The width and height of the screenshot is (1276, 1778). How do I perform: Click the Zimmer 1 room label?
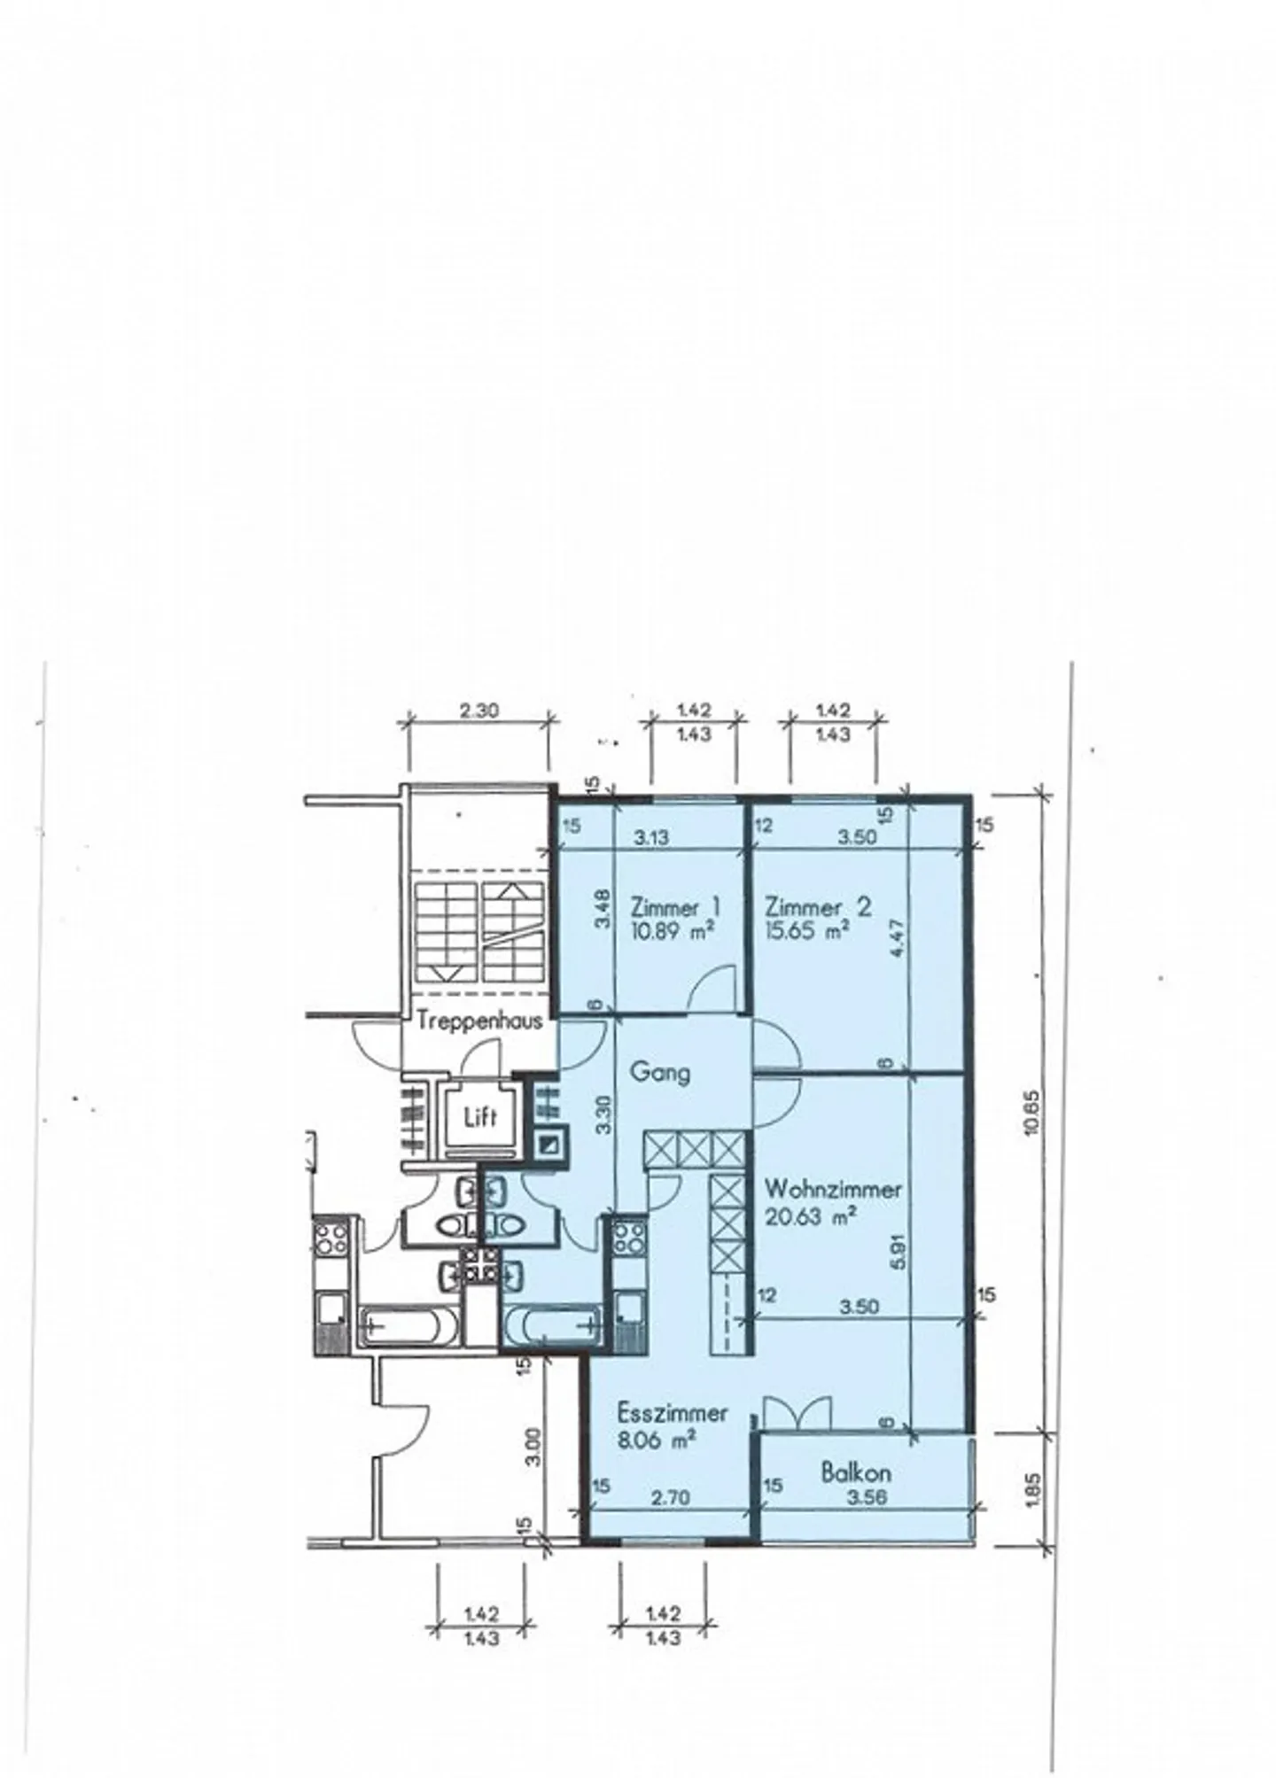pyautogui.click(x=675, y=907)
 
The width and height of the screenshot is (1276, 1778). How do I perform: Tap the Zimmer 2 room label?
pyautogui.click(x=818, y=907)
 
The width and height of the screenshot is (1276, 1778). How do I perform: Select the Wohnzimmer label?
pyautogui.click(x=833, y=1189)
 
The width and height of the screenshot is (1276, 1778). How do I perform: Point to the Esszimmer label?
pyautogui.click(x=673, y=1412)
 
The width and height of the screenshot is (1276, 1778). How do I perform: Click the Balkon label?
pyautogui.click(x=855, y=1473)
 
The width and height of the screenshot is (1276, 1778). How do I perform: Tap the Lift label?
pyautogui.click(x=480, y=1117)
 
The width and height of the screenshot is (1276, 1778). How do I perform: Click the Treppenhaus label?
pyautogui.click(x=467, y=1021)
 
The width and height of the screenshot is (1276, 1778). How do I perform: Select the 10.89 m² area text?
pyautogui.click(x=672, y=930)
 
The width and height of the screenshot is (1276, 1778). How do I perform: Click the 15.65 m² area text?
pyautogui.click(x=807, y=931)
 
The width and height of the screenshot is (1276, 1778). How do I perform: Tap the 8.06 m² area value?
pyautogui.click(x=656, y=1440)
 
